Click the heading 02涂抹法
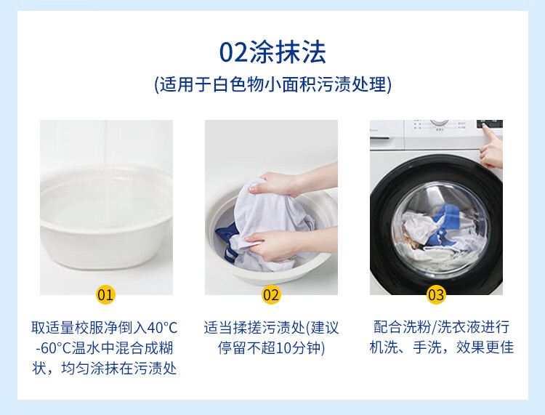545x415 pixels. pyautogui.click(x=272, y=52)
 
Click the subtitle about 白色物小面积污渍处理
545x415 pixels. pyautogui.click(x=272, y=84)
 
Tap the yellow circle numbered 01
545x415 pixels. pyautogui.click(x=105, y=295)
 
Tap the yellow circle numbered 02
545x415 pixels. pyautogui.click(x=271, y=295)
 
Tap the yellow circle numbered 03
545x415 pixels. pyautogui.click(x=436, y=295)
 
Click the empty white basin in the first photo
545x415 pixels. pyautogui.click(x=106, y=217)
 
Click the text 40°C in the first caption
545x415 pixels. pyautogui.click(x=162, y=328)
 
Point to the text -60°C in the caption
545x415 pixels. pyautogui.click(x=53, y=348)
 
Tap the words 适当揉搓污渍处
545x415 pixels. pyautogui.click(x=254, y=328)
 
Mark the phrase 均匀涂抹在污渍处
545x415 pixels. pyautogui.click(x=119, y=368)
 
